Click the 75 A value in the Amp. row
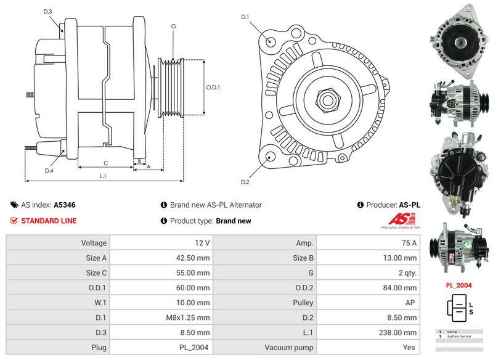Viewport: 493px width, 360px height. pos(409,243)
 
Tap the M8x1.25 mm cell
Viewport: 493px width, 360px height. pos(194,317)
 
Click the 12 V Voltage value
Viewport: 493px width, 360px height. pos(203,243)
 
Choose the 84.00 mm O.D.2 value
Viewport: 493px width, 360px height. pos(399,288)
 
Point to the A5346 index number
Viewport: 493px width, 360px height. pos(65,205)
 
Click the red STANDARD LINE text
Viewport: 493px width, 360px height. pos(49,221)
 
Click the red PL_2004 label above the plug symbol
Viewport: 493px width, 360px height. pos(458,285)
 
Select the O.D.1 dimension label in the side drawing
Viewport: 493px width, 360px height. pos(213,88)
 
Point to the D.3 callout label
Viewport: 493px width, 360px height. pos(48,12)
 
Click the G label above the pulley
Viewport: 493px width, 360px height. pos(174,27)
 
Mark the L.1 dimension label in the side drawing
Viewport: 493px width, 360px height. pos(104,176)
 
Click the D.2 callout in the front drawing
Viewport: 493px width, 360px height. pos(245,182)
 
